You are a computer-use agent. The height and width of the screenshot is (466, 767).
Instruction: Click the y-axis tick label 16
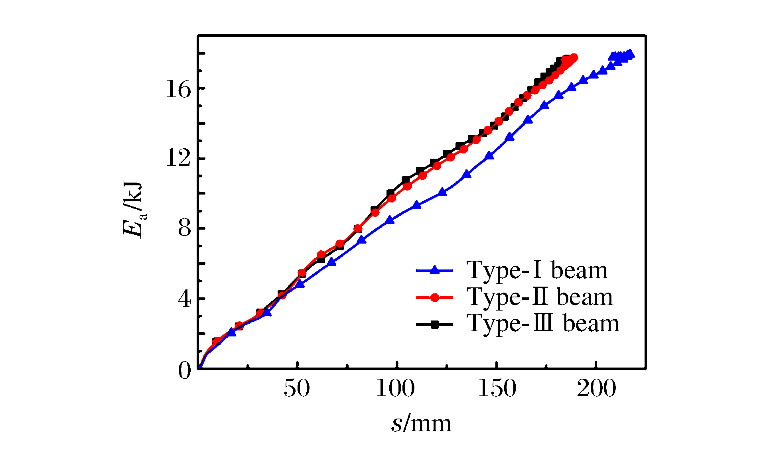pos(178,89)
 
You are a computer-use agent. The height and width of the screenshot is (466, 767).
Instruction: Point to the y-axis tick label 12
pos(178,159)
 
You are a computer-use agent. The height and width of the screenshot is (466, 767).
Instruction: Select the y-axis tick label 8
pos(184,229)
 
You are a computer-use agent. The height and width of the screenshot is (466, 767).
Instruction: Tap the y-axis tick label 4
pos(184,299)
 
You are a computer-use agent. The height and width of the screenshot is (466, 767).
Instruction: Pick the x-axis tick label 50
pos(297,388)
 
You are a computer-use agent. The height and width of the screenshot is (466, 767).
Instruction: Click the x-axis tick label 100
pos(396,388)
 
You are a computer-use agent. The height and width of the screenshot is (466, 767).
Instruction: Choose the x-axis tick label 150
pos(497,388)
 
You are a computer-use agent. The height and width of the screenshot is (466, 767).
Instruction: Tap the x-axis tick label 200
pos(596,388)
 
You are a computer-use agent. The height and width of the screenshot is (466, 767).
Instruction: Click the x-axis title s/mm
pos(421,423)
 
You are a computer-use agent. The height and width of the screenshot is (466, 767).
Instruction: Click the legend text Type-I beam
pos(537,270)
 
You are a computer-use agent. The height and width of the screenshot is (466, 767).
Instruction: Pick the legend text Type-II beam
pos(539,297)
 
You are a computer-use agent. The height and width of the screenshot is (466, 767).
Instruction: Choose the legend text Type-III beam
pos(543,323)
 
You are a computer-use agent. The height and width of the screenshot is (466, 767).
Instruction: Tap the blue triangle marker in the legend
pos(435,270)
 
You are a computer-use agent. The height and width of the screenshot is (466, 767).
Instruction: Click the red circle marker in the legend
pos(435,297)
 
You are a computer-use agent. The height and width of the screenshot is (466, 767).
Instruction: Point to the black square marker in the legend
pos(435,324)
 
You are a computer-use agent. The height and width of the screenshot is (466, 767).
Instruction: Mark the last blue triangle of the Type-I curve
pos(630,54)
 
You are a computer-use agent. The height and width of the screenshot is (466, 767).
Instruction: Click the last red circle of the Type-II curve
pos(574,58)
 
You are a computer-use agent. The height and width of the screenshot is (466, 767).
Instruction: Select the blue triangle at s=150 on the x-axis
pos(489,156)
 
